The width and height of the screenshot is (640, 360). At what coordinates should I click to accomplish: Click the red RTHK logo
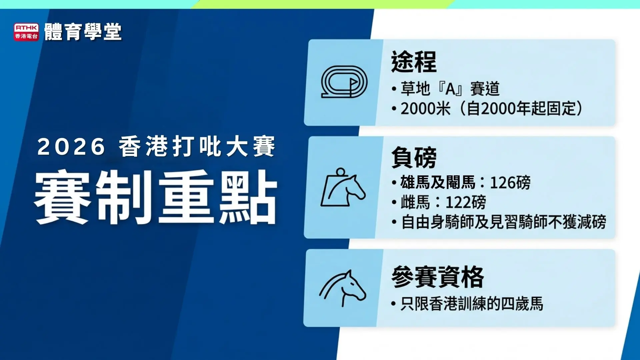pyautogui.click(x=26, y=32)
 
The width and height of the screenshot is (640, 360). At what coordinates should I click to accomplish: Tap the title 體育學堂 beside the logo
pyautogui.click(x=83, y=32)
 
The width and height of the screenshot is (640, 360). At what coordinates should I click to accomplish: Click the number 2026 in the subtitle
pyautogui.click(x=71, y=147)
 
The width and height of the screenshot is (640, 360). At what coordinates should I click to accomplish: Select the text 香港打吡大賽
pyautogui.click(x=197, y=147)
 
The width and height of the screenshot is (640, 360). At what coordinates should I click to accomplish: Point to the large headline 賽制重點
pyautogui.click(x=156, y=197)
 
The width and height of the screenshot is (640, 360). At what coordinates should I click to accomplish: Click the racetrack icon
pyautogui.click(x=344, y=82)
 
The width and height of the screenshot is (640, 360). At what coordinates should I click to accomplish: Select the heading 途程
pyautogui.click(x=414, y=62)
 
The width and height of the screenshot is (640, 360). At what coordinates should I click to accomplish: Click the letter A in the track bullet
pyautogui.click(x=450, y=89)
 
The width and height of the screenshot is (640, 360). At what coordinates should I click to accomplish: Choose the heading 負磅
pyautogui.click(x=414, y=158)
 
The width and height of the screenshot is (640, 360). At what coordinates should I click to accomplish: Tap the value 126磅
pyautogui.click(x=510, y=183)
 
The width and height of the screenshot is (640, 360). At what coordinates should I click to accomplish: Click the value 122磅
pyautogui.click(x=466, y=202)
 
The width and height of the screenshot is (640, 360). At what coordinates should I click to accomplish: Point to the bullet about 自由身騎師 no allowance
pyautogui.click(x=503, y=222)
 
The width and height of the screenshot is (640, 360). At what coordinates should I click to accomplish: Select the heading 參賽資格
pyautogui.click(x=438, y=277)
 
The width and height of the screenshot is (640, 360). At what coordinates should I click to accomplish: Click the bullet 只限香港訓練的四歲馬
pyautogui.click(x=472, y=304)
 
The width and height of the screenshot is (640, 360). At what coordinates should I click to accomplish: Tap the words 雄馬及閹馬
pyautogui.click(x=438, y=183)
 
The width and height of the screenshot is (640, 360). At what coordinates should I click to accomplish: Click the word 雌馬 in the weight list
pyautogui.click(x=415, y=202)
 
